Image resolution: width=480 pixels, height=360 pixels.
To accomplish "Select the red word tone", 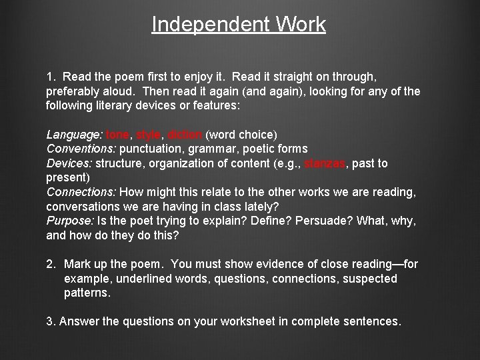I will (x=118, y=133).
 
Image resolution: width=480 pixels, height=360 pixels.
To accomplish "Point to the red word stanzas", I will (x=325, y=163).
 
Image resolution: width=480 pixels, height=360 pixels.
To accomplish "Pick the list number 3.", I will (x=51, y=321).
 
